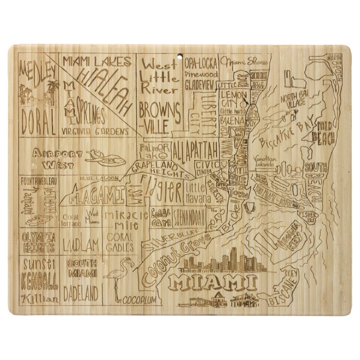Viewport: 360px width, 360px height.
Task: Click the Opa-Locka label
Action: point(201,63)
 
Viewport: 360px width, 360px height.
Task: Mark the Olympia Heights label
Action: point(38,242)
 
